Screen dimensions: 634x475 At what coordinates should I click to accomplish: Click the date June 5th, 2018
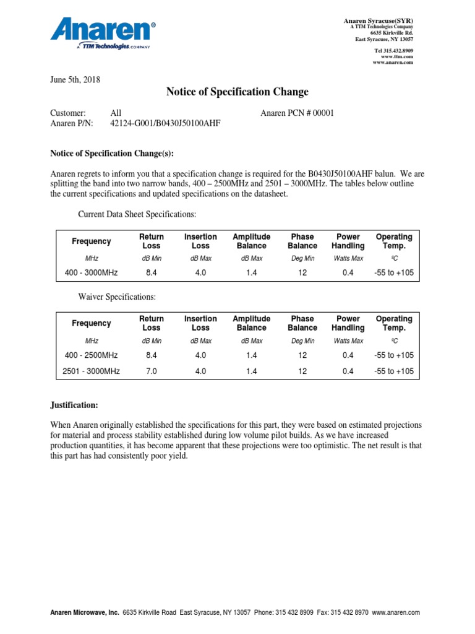tap(75, 79)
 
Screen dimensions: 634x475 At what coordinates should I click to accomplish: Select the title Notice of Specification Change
tap(237, 92)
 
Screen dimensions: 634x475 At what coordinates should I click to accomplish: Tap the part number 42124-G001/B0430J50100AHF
tap(165, 123)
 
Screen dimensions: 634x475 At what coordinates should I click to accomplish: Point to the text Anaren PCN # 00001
tap(297, 113)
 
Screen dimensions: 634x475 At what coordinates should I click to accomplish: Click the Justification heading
tap(74, 406)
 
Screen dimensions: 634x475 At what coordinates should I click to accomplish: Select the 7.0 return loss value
tap(152, 371)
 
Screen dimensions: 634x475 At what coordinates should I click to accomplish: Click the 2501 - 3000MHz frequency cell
tap(92, 371)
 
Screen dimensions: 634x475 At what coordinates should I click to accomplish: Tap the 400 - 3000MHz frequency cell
tap(92, 273)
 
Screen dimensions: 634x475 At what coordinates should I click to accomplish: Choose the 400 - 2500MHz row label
tap(92, 355)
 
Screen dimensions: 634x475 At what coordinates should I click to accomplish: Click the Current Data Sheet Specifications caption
tap(137, 214)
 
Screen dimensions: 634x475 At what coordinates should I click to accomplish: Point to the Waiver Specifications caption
tap(116, 297)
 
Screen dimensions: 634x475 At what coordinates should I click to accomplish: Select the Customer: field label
tap(67, 113)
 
